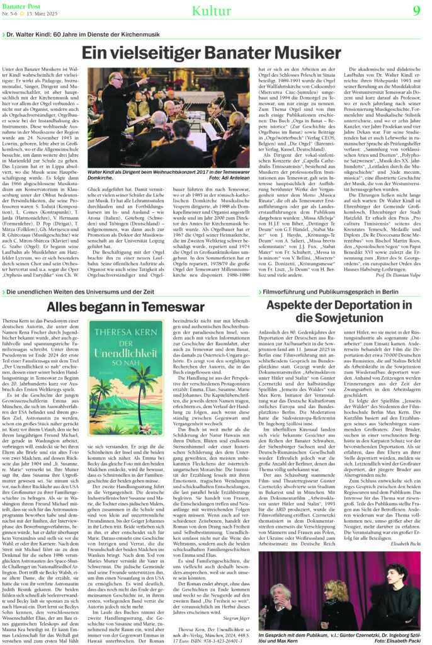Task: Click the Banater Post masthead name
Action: click(x=21, y=6)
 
